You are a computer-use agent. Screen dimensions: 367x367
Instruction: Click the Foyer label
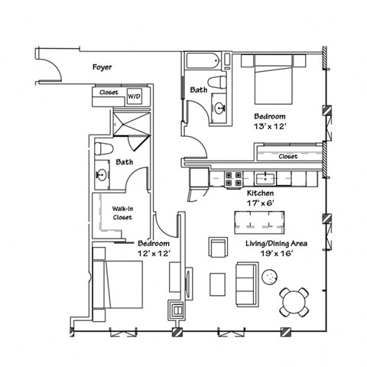(102, 67)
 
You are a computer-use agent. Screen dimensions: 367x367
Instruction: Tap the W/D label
(135, 96)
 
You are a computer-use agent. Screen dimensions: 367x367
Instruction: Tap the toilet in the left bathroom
(105, 147)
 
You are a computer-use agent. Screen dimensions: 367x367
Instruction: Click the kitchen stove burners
(232, 179)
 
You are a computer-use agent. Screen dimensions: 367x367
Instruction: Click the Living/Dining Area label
(276, 243)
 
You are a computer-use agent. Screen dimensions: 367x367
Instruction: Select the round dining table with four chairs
(294, 300)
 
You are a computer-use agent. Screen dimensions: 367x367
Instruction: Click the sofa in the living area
(246, 284)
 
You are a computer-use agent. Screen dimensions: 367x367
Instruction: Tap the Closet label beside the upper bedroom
(287, 156)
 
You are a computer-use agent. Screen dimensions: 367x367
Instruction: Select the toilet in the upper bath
(219, 82)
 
